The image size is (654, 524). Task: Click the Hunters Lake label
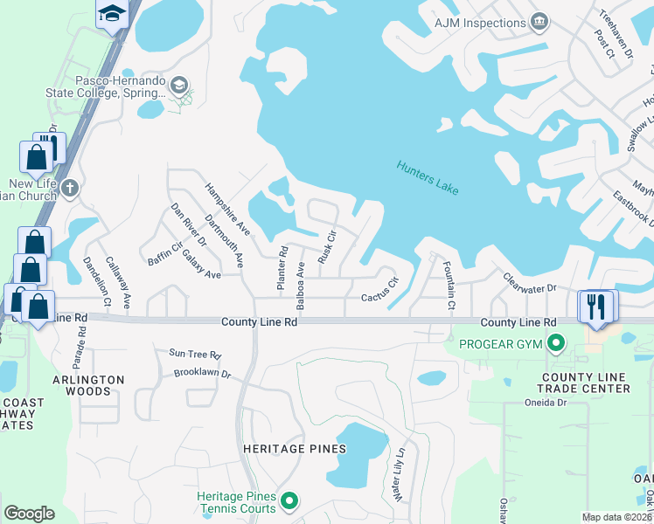click(x=427, y=178)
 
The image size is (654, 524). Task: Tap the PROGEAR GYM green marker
click(x=556, y=345)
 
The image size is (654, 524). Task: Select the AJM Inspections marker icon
click(x=539, y=20)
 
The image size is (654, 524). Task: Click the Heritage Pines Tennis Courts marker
click(x=290, y=501)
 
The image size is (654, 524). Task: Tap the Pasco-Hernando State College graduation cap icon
click(x=179, y=85)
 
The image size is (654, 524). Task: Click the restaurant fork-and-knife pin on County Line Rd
click(x=597, y=307)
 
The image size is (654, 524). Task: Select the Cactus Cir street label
click(x=380, y=290)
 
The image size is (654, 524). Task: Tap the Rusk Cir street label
click(x=327, y=247)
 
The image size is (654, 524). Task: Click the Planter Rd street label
click(x=282, y=268)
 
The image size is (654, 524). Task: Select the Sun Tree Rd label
click(x=195, y=355)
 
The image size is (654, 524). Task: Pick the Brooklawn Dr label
click(x=201, y=373)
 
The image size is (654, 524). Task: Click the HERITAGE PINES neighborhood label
click(x=295, y=449)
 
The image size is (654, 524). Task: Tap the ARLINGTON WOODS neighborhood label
click(x=88, y=385)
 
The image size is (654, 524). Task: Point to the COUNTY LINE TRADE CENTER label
click(x=583, y=382)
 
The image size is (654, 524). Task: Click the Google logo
click(x=30, y=514)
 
